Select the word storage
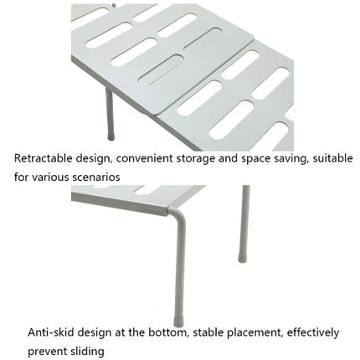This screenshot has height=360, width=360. click(199, 157)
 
